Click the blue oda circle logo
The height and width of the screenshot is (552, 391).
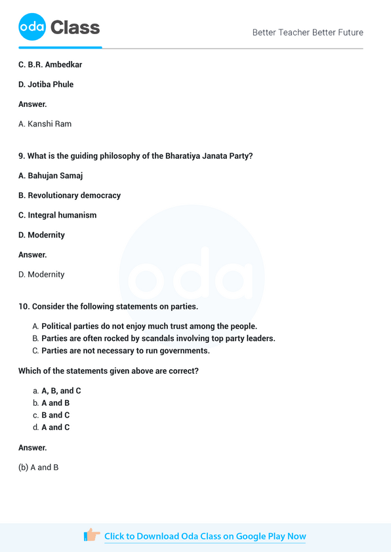(x=32, y=27)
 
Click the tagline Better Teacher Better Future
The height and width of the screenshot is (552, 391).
(x=308, y=32)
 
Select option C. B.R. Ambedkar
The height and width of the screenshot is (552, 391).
(x=50, y=65)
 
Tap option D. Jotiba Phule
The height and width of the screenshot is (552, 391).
(x=46, y=85)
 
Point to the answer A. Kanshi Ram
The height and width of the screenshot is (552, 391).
(x=45, y=124)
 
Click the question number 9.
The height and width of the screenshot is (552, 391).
(x=21, y=156)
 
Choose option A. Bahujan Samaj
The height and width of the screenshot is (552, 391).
(x=51, y=176)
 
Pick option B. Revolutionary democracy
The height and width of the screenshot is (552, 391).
(x=70, y=195)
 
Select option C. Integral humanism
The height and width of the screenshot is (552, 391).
(x=57, y=215)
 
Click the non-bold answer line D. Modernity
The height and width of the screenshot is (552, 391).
(x=41, y=275)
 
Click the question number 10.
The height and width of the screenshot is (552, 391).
(x=24, y=306)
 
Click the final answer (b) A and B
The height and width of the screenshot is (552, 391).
(x=39, y=467)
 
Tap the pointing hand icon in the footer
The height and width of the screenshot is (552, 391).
(x=92, y=536)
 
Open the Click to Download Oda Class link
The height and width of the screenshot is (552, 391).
(x=205, y=536)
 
